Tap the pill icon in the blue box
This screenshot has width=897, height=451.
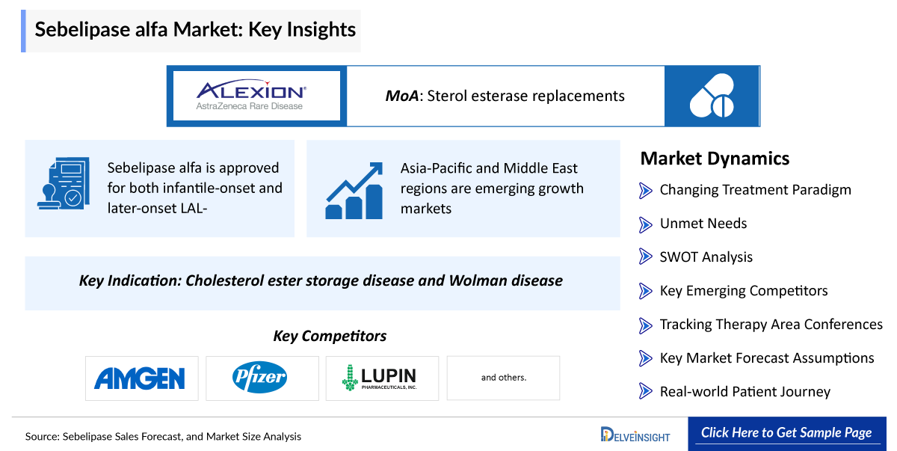(x=712, y=96)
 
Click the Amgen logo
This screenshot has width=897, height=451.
(x=140, y=378)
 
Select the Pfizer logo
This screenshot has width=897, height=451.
(x=259, y=378)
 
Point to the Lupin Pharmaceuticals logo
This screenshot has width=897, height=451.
(x=379, y=378)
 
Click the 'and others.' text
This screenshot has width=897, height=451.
(x=503, y=378)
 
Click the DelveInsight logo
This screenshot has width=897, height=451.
(x=635, y=435)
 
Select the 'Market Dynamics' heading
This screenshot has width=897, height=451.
(x=715, y=159)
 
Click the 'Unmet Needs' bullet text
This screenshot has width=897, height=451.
(x=703, y=224)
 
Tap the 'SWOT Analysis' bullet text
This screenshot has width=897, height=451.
(x=706, y=257)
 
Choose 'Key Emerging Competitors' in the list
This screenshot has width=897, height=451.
(x=743, y=291)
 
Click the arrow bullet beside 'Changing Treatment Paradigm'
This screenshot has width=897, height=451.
(x=646, y=190)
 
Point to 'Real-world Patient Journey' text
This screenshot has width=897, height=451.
(x=745, y=392)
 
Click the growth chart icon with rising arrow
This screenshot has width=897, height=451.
(x=354, y=189)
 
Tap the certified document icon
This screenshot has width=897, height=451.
(x=63, y=183)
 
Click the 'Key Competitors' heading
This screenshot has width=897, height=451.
(x=330, y=336)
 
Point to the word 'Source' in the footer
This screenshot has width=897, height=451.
(x=42, y=436)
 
